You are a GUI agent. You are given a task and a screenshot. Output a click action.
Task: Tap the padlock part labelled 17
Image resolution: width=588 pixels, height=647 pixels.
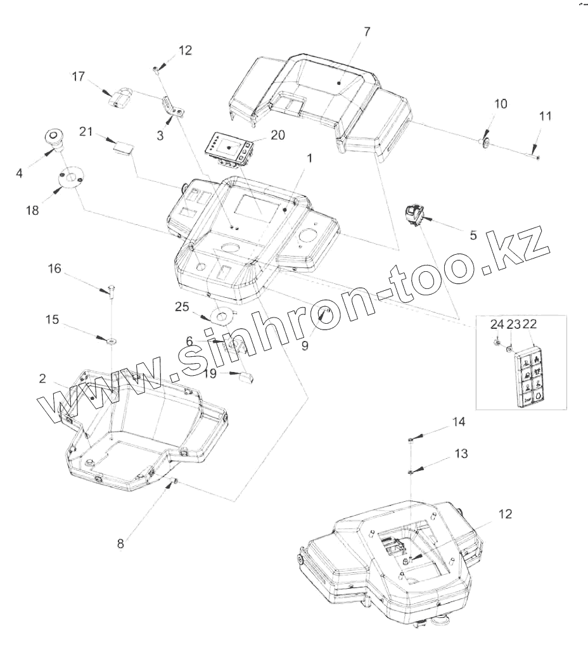tap(120, 98)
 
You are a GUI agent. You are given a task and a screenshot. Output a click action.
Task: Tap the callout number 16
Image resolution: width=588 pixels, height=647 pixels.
tap(54, 269)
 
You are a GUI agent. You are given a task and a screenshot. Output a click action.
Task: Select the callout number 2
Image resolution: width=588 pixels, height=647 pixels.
tap(42, 379)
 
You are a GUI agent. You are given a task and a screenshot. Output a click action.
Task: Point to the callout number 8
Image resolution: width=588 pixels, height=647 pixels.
tap(121, 543)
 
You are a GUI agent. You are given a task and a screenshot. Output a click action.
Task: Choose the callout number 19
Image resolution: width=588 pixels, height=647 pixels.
tap(210, 373)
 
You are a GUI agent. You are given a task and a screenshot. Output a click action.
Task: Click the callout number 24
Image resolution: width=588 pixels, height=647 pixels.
tap(496, 324)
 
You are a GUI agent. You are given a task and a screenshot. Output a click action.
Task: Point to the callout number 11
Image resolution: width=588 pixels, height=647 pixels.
tap(545, 116)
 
